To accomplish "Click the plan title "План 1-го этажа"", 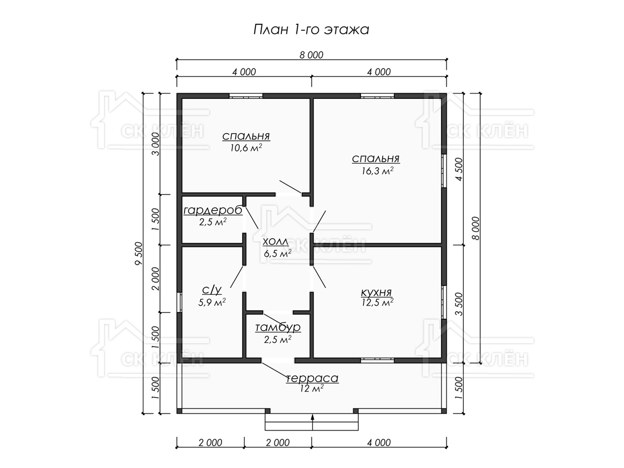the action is pyautogui.click(x=311, y=30).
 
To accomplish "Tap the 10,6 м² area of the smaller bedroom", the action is pyautogui.click(x=246, y=148).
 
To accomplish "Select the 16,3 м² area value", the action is pyautogui.click(x=378, y=171).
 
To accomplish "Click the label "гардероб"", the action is pyautogui.click(x=213, y=211).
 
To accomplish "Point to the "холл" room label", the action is pyautogui.click(x=276, y=242).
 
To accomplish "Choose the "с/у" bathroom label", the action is pyautogui.click(x=212, y=290).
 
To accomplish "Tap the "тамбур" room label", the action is pyautogui.click(x=278, y=328).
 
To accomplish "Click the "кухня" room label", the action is pyautogui.click(x=376, y=292).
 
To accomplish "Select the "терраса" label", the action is pyautogui.click(x=312, y=378).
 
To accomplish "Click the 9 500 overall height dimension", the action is pyautogui.click(x=139, y=253).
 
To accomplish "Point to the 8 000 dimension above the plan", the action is pyautogui.click(x=311, y=55).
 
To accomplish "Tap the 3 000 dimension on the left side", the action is pyautogui.click(x=156, y=144).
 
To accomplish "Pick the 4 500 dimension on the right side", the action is pyautogui.click(x=459, y=170).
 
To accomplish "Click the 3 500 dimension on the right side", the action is pyautogui.click(x=459, y=304).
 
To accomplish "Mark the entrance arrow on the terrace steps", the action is pyautogui.click(x=313, y=422).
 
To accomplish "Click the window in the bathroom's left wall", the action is pyautogui.click(x=179, y=302).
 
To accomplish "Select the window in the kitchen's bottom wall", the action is pyautogui.click(x=377, y=360).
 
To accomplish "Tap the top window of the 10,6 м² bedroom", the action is pyautogui.click(x=246, y=96).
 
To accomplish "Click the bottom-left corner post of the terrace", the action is pyautogui.click(x=179, y=411).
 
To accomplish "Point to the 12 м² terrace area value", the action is pyautogui.click(x=311, y=388).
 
